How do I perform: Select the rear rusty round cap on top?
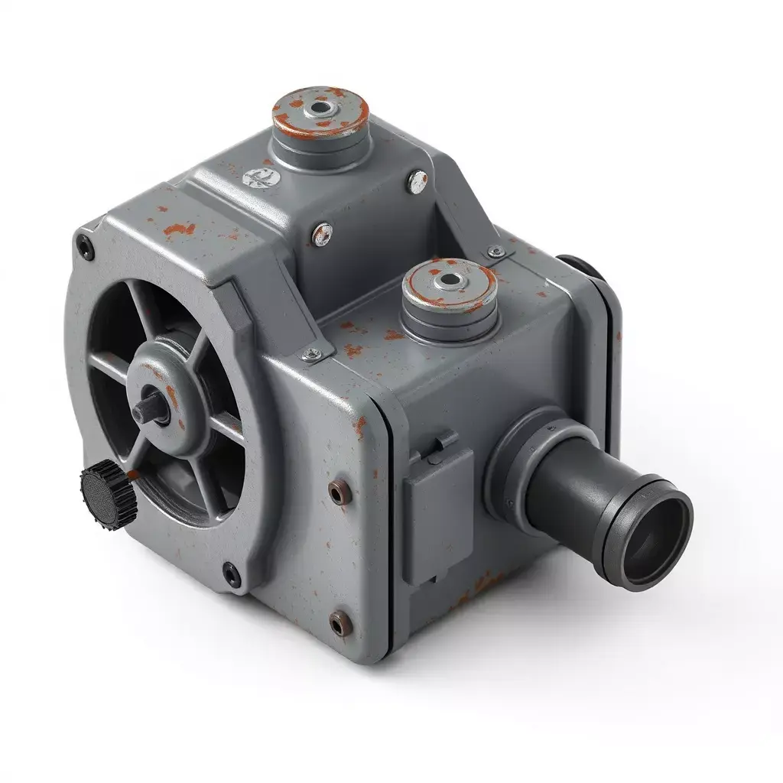point(321,115)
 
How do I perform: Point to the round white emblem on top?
point(257,179)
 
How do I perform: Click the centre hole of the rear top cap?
point(322,109)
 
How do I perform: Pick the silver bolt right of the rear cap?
point(417,182)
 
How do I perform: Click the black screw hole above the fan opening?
point(86,246)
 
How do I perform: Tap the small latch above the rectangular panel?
point(443,441)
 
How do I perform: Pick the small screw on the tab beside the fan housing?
point(312,353)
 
